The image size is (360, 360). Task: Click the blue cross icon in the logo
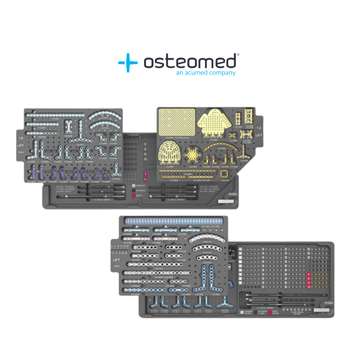[128, 62]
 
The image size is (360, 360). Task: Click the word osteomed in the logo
[190, 62]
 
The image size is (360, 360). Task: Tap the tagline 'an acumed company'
[206, 73]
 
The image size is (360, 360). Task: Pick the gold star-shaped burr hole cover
[192, 155]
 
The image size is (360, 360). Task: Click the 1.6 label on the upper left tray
[21, 138]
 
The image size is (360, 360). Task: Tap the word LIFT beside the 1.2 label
[259, 135]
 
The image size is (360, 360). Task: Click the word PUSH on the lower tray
[328, 303]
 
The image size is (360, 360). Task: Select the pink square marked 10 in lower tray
[309, 287]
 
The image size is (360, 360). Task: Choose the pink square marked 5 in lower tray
[309, 275]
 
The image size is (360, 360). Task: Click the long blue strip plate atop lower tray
[173, 220]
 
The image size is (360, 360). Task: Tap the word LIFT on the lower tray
[117, 260]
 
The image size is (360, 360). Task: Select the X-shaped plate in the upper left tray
[68, 127]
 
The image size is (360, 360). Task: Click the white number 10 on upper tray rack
[145, 159]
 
